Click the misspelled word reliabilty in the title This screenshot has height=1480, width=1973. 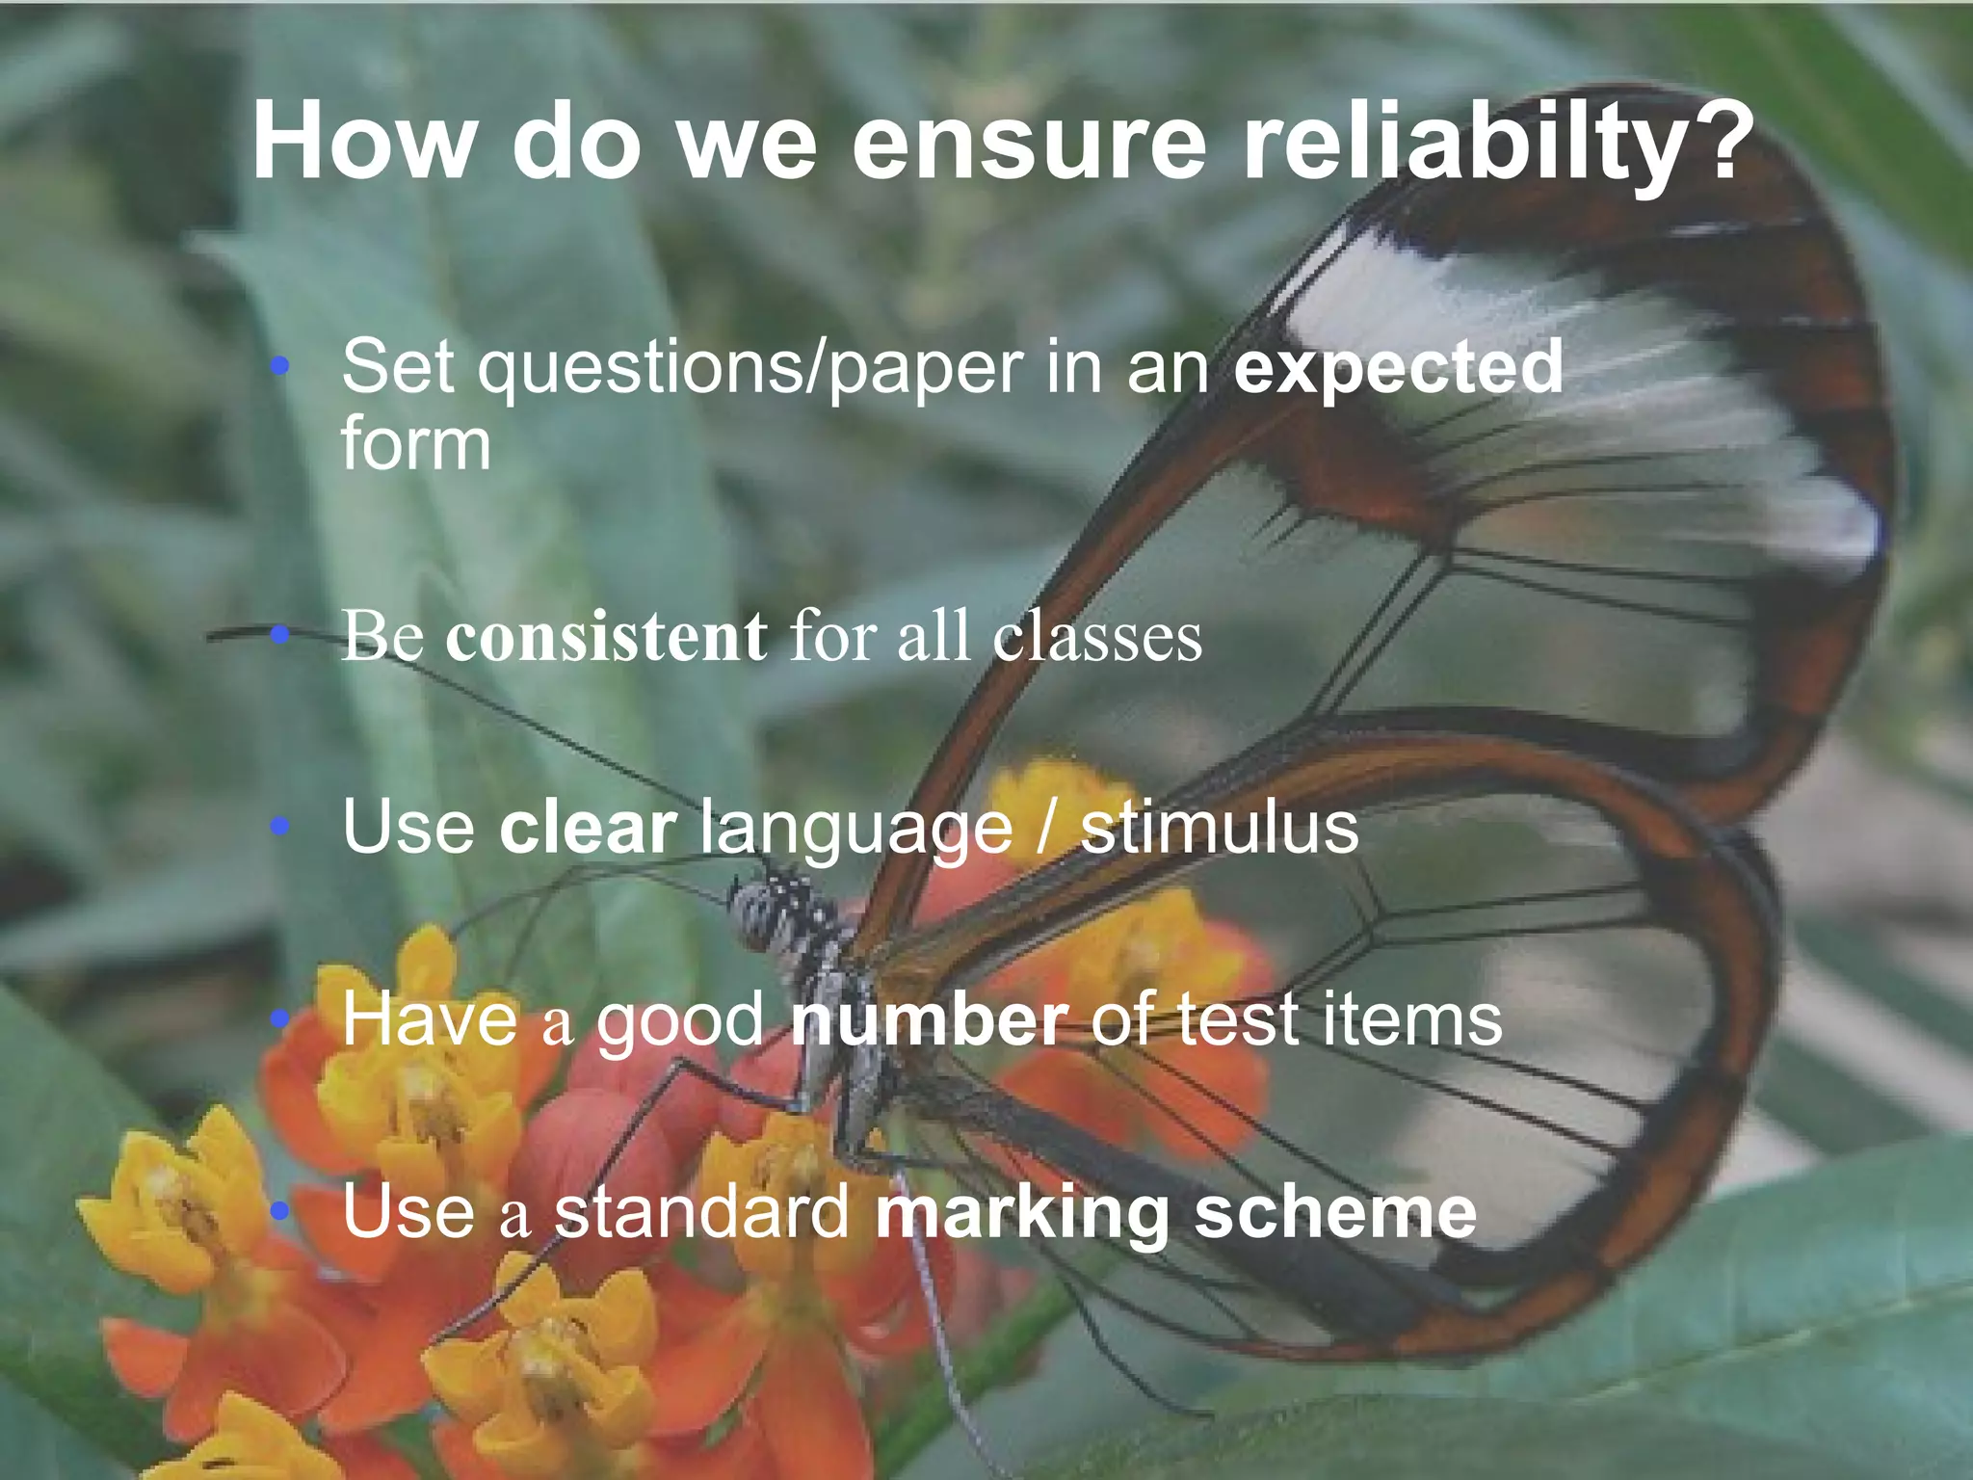(x=1465, y=145)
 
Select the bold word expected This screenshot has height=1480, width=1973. (x=1398, y=369)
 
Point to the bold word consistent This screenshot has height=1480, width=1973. (x=607, y=637)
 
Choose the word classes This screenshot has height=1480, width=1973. (x=1097, y=637)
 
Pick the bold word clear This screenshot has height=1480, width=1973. (x=589, y=828)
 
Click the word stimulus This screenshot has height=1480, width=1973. (x=1219, y=828)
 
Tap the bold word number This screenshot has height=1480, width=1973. (x=929, y=1019)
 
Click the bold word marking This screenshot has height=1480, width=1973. (x=1021, y=1214)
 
